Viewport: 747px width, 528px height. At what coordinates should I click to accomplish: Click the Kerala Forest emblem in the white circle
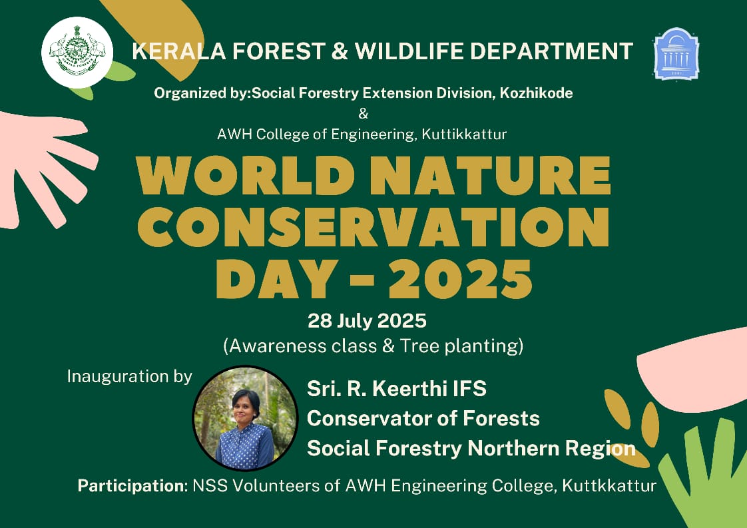point(77,53)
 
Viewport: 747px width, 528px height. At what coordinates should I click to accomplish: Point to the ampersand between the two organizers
point(363,114)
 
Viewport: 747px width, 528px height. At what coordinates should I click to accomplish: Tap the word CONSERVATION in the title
point(374,227)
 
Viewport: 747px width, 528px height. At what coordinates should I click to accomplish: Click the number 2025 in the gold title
point(460,279)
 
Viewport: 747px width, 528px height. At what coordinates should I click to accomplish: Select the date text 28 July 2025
point(367,321)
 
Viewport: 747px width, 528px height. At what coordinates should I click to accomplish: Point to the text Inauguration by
point(130,376)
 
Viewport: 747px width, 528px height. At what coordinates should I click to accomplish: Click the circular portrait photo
point(246,418)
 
